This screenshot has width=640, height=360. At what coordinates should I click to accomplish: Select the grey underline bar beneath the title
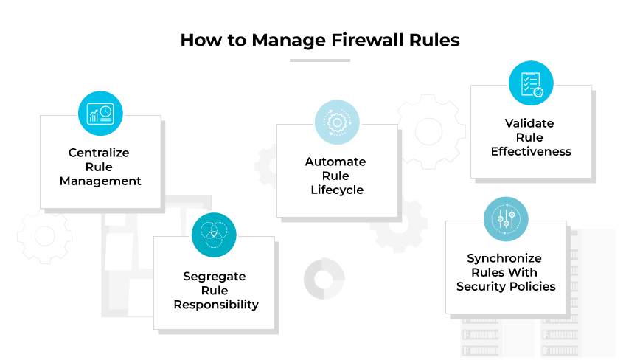pyautogui.click(x=319, y=60)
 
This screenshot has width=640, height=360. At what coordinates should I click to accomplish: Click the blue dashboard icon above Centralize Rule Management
pyautogui.click(x=100, y=113)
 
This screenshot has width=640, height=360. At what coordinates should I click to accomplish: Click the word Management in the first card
pyautogui.click(x=100, y=181)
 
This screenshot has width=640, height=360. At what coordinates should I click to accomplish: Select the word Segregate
pyautogui.click(x=215, y=276)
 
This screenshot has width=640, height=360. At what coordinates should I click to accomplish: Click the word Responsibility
pyautogui.click(x=216, y=304)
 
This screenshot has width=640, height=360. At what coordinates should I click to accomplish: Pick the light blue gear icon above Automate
pyautogui.click(x=337, y=122)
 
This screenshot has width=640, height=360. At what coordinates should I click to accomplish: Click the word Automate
pyautogui.click(x=335, y=162)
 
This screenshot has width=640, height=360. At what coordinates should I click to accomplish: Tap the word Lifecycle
pyautogui.click(x=335, y=190)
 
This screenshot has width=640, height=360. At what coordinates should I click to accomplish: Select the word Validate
pyautogui.click(x=529, y=123)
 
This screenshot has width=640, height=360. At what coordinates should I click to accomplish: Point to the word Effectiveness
pyautogui.click(x=531, y=151)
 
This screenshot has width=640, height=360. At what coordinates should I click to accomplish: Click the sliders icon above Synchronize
pyautogui.click(x=506, y=218)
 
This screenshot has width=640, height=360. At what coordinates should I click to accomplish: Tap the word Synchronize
pyautogui.click(x=504, y=258)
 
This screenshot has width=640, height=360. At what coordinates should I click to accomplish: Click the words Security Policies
pyautogui.click(x=505, y=286)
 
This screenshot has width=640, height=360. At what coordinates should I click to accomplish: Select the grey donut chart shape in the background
pyautogui.click(x=324, y=278)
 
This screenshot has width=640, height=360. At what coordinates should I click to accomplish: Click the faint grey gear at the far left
pyautogui.click(x=44, y=236)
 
